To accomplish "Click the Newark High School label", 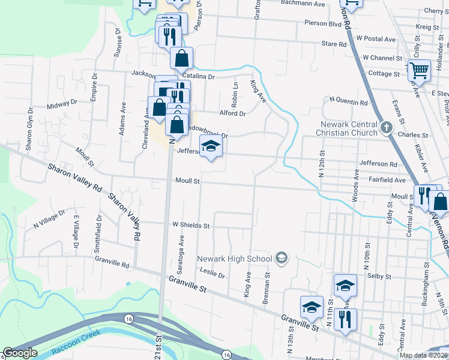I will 235,259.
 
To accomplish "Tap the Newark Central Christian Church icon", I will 387,127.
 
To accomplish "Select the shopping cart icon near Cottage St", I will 419,70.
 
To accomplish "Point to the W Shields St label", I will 191,226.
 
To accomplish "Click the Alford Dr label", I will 233,113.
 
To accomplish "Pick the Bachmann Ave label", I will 303,4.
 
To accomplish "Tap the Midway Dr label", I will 62,103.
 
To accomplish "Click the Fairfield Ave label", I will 387,179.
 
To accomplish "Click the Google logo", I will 20,353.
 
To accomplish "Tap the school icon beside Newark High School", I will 280,259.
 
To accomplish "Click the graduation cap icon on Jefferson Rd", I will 210,146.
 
